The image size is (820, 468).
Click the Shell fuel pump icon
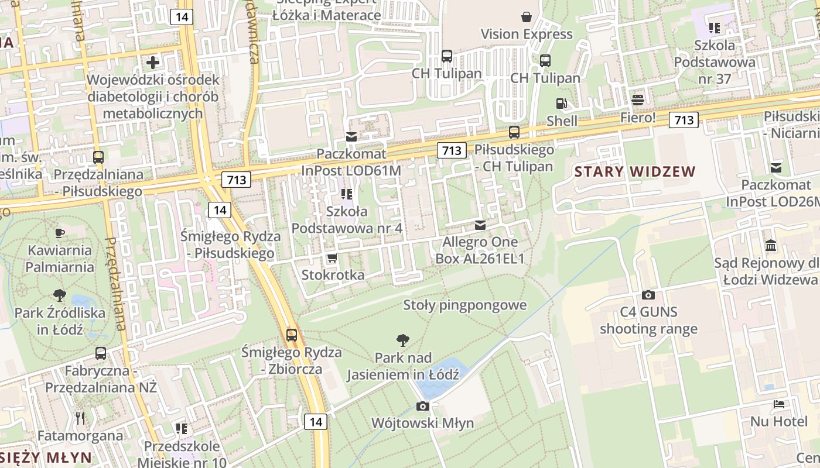tap(561, 104)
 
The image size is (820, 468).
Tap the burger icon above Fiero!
tap(638, 99)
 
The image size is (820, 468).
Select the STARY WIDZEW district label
tap(635, 172)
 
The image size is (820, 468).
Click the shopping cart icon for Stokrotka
tap(332, 257)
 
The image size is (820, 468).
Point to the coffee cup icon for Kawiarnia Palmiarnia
tap(59, 233)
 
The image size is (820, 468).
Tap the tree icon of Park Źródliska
tap(59, 295)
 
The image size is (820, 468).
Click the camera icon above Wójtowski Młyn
tap(422, 406)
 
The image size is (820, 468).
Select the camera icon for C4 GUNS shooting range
tap(648, 295)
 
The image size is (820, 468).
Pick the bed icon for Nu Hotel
tap(778, 404)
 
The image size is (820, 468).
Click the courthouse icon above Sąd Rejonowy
tap(771, 245)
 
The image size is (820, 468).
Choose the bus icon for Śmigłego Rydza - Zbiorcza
tap(291, 335)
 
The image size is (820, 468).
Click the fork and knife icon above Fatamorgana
tap(80, 418)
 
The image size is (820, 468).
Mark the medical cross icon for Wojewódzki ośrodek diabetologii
tap(153, 62)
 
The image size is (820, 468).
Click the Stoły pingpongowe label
tap(465, 305)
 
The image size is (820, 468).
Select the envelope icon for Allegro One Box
tap(480, 225)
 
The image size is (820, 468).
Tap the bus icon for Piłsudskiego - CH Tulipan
tap(514, 132)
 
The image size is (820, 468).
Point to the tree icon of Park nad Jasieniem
tap(402, 340)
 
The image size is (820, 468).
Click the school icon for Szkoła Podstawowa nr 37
tap(714, 27)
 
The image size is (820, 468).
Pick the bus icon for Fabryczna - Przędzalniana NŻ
tap(101, 353)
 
